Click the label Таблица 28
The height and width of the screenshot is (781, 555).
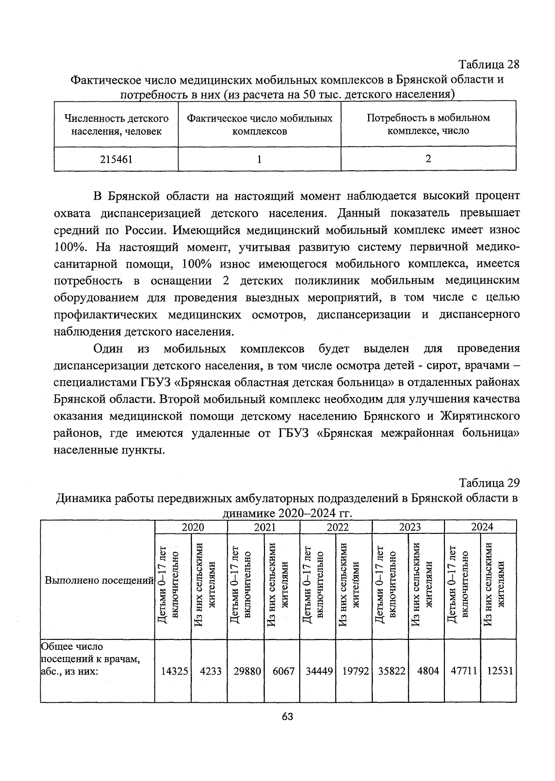tap(488, 64)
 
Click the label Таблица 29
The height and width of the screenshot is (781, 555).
tap(489, 483)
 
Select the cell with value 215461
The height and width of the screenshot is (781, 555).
tap(116, 160)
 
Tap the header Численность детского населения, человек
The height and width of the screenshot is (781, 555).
tap(116, 124)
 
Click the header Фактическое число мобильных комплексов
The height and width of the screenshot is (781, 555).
tap(259, 124)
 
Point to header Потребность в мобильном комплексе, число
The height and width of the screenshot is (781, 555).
tap(428, 124)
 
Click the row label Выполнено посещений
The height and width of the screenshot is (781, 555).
tap(99, 580)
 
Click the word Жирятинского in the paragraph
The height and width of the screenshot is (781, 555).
tap(479, 415)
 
